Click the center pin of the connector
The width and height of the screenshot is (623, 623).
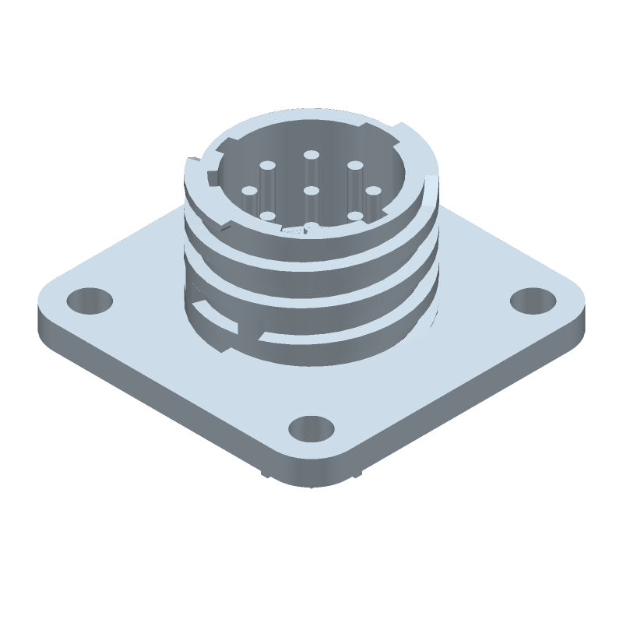(311, 189)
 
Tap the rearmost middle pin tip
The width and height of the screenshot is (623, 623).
(311, 155)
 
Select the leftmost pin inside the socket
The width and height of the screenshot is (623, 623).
(250, 189)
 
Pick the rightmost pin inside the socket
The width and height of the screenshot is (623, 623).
(371, 190)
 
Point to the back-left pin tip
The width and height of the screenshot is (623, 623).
(267, 165)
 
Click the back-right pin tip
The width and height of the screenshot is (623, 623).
(354, 165)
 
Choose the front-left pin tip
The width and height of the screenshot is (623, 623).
(267, 216)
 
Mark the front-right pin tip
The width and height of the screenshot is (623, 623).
(354, 216)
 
